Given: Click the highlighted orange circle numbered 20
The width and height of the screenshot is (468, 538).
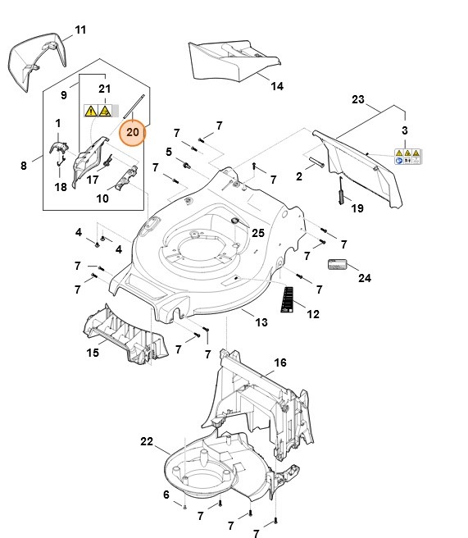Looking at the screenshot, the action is (132, 132).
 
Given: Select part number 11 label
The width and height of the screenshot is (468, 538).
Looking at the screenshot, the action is (80, 30).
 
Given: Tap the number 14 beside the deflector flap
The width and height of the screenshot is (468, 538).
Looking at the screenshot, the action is (277, 86).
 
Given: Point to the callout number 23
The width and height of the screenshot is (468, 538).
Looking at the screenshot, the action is (358, 99).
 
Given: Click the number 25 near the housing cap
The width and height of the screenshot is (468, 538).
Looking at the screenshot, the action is (258, 233).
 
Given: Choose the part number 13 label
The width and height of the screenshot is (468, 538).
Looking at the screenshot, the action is (261, 322).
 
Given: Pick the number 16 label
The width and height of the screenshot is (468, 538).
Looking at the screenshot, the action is (280, 362).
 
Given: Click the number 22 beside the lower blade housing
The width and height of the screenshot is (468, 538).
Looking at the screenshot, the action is (147, 441).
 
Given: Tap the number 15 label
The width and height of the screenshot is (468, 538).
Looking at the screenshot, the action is (93, 353).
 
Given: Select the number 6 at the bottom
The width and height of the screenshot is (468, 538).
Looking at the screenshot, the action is (166, 495).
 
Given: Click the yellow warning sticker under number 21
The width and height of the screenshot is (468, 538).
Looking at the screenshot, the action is (101, 111).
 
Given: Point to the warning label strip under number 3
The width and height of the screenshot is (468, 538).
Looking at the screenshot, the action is (407, 157).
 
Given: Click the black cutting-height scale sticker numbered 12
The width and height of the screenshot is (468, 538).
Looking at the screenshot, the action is (287, 299).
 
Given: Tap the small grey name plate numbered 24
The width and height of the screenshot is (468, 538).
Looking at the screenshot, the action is (338, 265).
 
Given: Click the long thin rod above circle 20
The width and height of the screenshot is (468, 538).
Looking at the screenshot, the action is (134, 107).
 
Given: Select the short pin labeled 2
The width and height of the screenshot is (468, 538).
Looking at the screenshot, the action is (316, 162).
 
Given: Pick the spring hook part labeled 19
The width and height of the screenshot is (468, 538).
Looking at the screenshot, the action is (342, 191).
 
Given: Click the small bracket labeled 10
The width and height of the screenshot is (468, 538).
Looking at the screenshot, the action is (126, 178).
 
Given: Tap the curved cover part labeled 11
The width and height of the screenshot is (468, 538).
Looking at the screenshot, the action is (37, 62).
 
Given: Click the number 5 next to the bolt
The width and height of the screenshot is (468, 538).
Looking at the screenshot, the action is (169, 152).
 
